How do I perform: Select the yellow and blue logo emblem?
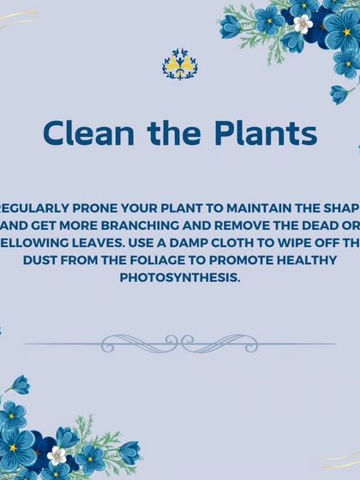point(180,64)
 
